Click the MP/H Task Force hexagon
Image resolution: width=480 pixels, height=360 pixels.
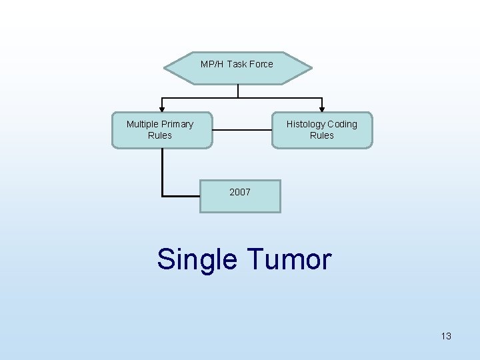pyautogui.click(x=237, y=68)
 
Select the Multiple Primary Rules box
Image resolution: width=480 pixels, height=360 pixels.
pyautogui.click(x=161, y=130)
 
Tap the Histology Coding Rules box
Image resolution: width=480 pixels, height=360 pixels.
pyautogui.click(x=322, y=130)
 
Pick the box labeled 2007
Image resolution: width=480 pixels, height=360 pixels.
pyautogui.click(x=240, y=196)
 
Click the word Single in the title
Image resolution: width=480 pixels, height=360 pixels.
pyautogui.click(x=195, y=259)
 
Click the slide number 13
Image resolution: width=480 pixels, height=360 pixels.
pyautogui.click(x=446, y=336)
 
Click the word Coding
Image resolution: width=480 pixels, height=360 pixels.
pyautogui.click(x=343, y=124)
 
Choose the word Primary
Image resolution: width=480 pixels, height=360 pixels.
pyautogui.click(x=178, y=124)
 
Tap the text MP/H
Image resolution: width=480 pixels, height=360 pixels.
pyautogui.click(x=212, y=64)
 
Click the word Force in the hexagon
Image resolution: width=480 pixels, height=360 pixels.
pyautogui.click(x=261, y=64)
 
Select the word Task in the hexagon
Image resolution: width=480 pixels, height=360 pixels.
pyautogui.click(x=236, y=64)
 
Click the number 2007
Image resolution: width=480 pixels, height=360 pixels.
pyautogui.click(x=240, y=192)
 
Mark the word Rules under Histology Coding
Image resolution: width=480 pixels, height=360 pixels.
pyautogui.click(x=322, y=135)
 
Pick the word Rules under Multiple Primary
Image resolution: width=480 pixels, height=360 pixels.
pyautogui.click(x=160, y=135)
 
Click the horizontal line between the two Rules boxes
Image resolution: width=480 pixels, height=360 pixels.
pyautogui.click(x=242, y=130)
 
